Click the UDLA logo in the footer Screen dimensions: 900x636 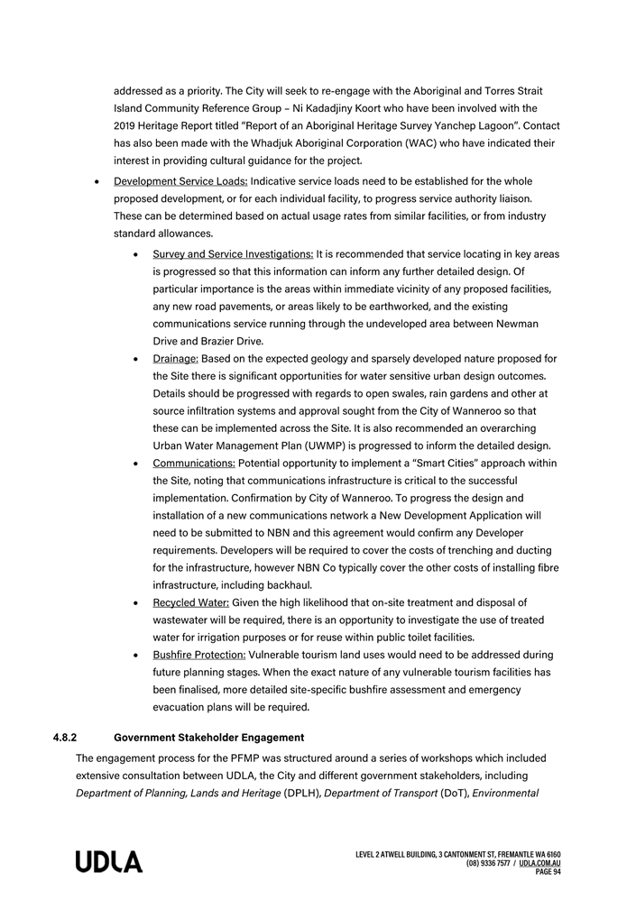[108, 862]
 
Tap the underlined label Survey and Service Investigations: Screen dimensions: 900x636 [233, 254]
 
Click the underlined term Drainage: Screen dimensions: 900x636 [175, 359]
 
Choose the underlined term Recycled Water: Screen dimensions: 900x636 [190, 602]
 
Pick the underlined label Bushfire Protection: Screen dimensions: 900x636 [198, 655]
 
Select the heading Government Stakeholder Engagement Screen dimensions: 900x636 [208, 738]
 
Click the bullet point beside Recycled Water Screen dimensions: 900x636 [134, 602]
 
